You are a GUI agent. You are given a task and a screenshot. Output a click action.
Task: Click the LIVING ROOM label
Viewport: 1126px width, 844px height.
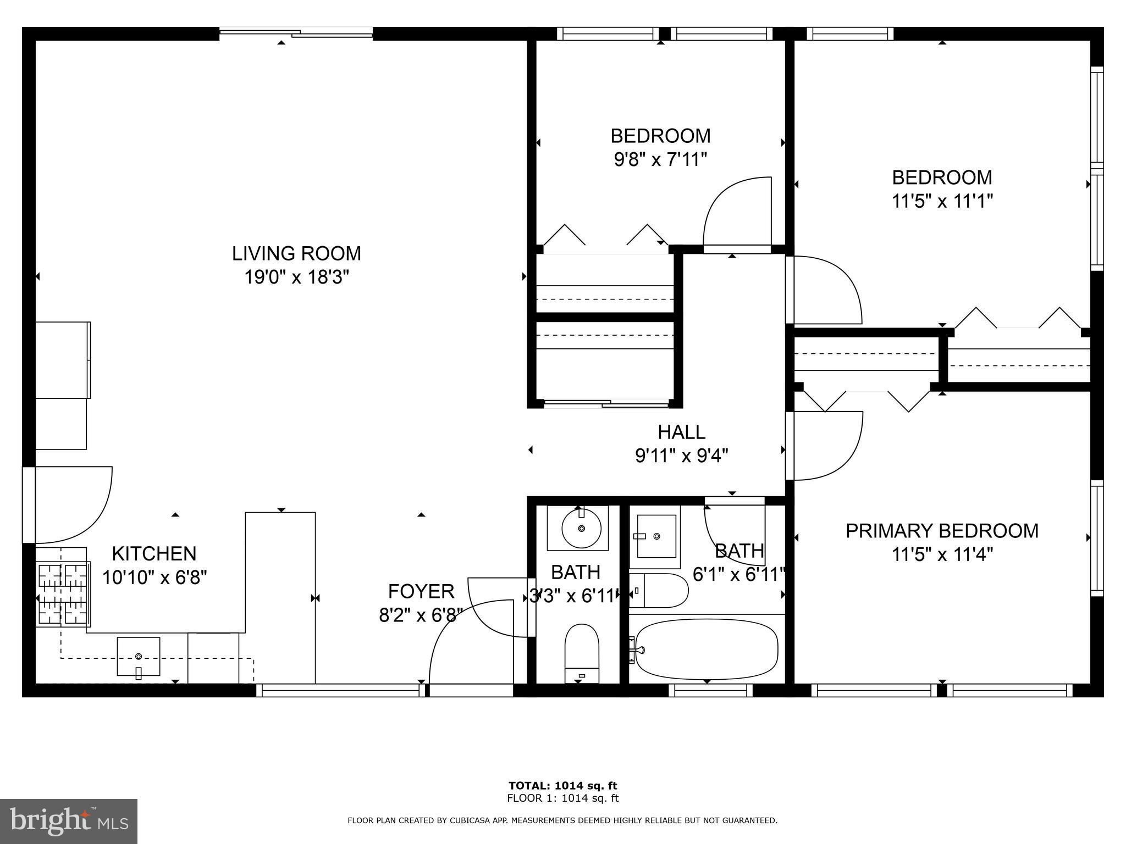click(x=296, y=253)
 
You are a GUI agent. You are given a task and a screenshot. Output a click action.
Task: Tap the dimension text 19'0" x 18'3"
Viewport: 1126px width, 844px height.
click(x=296, y=277)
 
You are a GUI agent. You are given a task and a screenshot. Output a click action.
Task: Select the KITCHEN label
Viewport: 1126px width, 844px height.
click(x=154, y=553)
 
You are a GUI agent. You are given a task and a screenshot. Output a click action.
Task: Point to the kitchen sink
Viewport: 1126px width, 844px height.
click(x=139, y=656)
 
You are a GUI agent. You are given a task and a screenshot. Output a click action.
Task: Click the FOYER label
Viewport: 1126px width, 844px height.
click(x=421, y=591)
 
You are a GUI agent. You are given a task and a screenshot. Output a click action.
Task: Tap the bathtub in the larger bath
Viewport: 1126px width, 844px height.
click(x=706, y=649)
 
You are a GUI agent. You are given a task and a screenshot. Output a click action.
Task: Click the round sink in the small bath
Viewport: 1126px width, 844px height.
click(x=581, y=529)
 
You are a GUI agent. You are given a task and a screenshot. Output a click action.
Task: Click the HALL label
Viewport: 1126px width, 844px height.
click(x=681, y=432)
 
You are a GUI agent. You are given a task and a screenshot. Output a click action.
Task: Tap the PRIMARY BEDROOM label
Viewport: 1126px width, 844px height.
click(x=942, y=531)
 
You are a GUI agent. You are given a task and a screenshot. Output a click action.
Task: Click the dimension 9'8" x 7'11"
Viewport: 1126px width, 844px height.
click(x=660, y=160)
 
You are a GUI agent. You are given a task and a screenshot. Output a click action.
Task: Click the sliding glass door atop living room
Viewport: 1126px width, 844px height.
click(x=296, y=34)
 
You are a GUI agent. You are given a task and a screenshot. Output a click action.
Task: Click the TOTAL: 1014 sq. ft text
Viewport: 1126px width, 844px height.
click(x=562, y=786)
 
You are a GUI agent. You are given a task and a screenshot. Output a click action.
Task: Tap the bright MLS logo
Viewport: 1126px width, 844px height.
click(x=69, y=821)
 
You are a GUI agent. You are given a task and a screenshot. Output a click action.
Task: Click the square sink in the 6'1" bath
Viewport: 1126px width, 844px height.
click(x=656, y=535)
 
